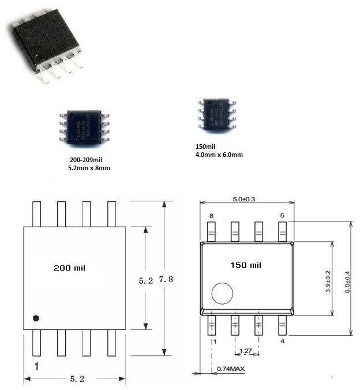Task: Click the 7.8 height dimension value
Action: (x=166, y=280)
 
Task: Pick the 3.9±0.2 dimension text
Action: (x=328, y=279)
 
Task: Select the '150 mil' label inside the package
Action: (x=245, y=265)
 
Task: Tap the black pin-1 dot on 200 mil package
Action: (x=36, y=318)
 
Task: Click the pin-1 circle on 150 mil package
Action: (x=222, y=294)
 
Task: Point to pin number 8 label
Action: (x=211, y=215)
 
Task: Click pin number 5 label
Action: (x=282, y=215)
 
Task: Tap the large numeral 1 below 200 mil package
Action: (x=36, y=366)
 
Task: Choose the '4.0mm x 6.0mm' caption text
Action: (x=219, y=155)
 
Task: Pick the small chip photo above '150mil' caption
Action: (x=217, y=114)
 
